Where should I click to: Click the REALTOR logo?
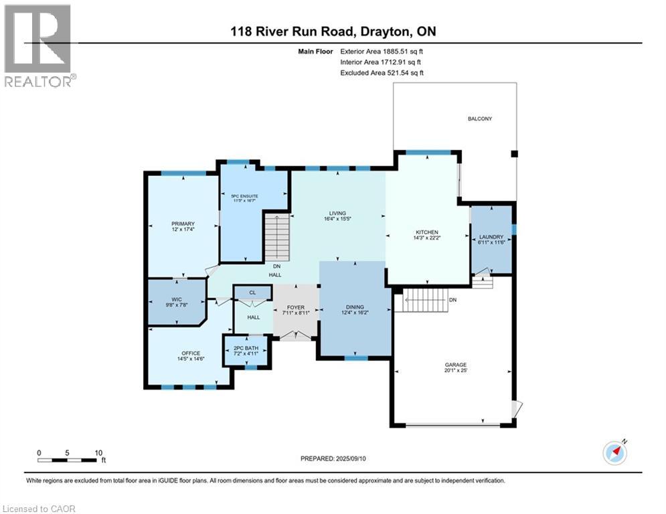39,46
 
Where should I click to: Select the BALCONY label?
479,119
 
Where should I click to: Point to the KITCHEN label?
426,233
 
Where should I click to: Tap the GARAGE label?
456,365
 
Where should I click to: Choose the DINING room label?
355,308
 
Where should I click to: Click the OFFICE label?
191,354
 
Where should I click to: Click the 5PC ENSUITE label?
245,196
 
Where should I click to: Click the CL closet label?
252,292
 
